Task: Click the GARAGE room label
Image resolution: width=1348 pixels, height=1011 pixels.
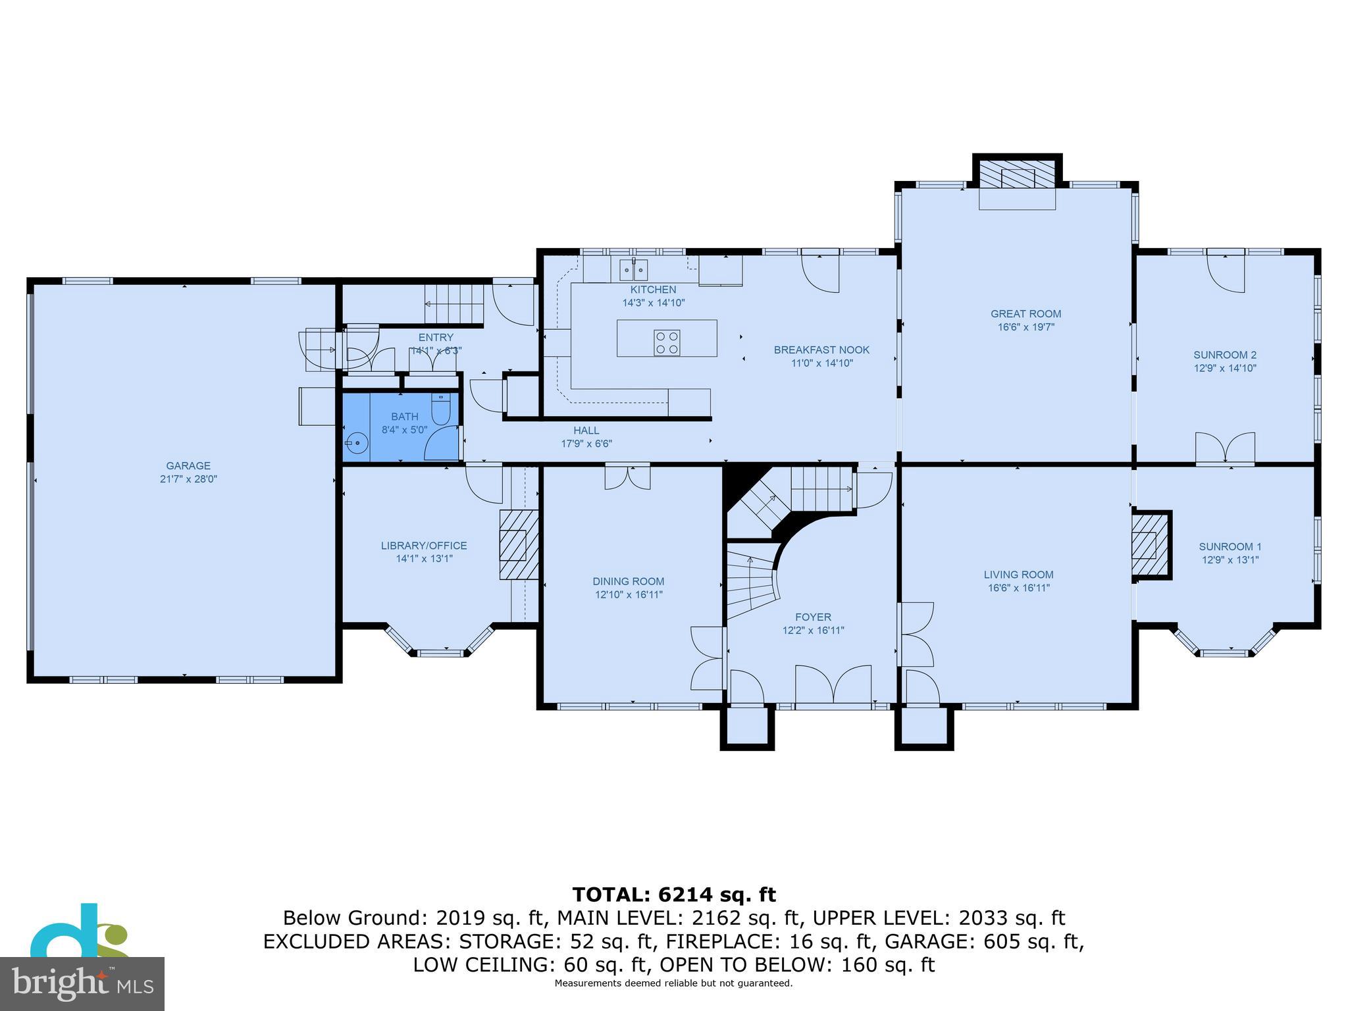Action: [x=188, y=466]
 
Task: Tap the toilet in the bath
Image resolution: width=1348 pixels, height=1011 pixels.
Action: [x=440, y=409]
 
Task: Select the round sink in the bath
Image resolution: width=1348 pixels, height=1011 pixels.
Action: [x=357, y=443]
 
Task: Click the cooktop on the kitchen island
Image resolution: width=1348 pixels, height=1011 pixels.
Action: [x=667, y=343]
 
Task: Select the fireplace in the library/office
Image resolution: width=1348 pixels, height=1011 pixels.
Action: [x=514, y=544]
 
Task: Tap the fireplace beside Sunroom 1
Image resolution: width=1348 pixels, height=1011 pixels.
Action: [x=1149, y=545]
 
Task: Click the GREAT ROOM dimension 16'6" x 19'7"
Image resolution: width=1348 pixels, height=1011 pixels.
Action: [x=1026, y=327]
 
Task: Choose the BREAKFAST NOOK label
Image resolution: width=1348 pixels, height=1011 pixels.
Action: [x=821, y=350]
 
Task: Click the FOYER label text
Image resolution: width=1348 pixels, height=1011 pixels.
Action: [x=813, y=617]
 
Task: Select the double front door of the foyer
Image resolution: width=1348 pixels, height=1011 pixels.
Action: [x=833, y=686]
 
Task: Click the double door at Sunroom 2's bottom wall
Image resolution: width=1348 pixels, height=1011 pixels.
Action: [x=1225, y=450]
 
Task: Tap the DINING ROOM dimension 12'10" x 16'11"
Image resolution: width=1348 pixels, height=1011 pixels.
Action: [x=629, y=594]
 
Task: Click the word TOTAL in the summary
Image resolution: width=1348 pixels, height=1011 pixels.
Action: [x=611, y=894]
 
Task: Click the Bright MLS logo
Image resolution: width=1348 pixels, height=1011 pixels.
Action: [x=82, y=983]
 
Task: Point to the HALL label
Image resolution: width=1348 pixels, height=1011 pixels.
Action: [x=586, y=430]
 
